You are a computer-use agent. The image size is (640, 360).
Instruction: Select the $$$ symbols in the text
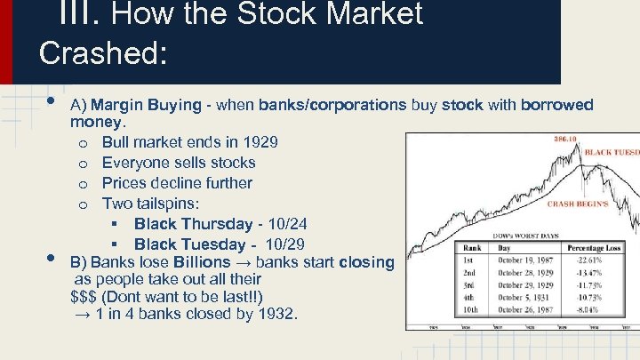[x=87, y=296]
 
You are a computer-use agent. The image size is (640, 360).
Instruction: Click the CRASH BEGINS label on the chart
[x=578, y=204]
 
